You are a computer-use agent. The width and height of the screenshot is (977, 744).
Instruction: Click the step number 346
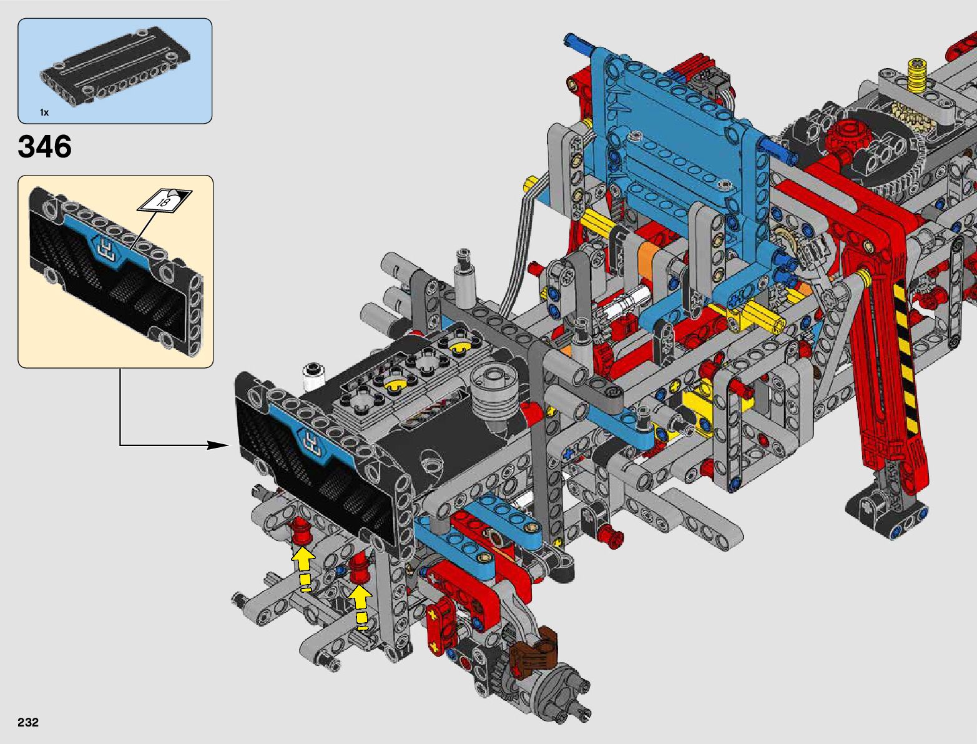(x=44, y=146)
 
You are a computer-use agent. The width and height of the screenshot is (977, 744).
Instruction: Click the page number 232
(x=28, y=722)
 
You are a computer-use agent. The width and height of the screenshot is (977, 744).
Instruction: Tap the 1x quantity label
(x=44, y=112)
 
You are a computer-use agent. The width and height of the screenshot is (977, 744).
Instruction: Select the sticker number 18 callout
(x=164, y=201)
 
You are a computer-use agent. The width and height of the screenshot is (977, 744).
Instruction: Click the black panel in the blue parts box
(x=115, y=66)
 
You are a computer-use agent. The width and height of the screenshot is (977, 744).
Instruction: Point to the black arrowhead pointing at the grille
(x=219, y=445)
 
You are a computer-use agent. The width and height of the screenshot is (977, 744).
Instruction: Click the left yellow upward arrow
(x=303, y=570)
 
